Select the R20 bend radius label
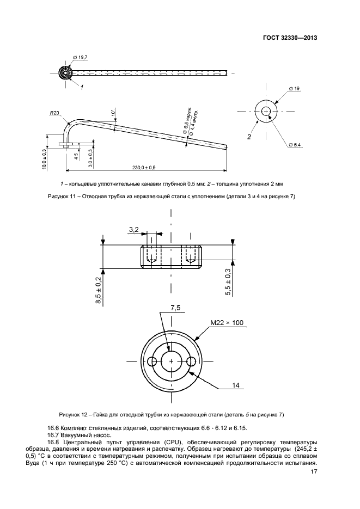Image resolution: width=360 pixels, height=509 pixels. click(53, 113)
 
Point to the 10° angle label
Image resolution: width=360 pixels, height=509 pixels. click(113, 113)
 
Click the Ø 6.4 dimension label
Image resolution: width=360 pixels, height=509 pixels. click(294, 144)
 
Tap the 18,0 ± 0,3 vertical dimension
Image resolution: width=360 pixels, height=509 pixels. click(44, 158)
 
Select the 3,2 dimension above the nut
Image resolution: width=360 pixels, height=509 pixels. click(133, 231)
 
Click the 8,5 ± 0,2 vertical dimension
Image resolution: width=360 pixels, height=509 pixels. click(99, 290)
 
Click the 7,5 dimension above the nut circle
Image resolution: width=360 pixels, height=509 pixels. click(175, 308)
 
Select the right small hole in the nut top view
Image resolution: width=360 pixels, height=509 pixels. click(191, 361)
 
